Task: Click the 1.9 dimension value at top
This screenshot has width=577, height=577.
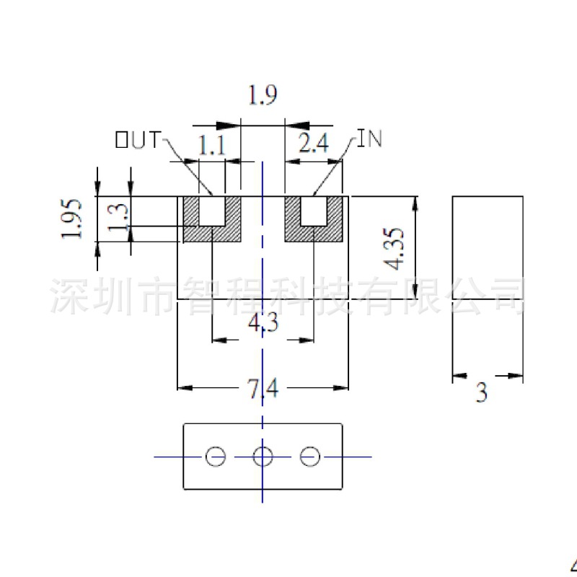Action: tap(263, 95)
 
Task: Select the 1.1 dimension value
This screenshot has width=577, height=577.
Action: tap(212, 146)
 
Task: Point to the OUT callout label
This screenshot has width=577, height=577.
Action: tap(138, 140)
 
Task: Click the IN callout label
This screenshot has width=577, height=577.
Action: tap(370, 139)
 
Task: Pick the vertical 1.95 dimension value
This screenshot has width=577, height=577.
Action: tap(73, 219)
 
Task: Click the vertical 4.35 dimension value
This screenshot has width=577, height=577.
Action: tap(396, 248)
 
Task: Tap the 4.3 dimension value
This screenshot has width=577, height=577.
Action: tap(263, 325)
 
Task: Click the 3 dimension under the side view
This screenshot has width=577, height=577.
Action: tap(481, 392)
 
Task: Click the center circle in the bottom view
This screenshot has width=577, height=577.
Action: tap(263, 456)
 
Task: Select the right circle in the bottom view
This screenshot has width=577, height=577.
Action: tap(310, 456)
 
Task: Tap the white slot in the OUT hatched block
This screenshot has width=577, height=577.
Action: tap(212, 211)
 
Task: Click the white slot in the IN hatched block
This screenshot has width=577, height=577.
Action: tap(314, 211)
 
